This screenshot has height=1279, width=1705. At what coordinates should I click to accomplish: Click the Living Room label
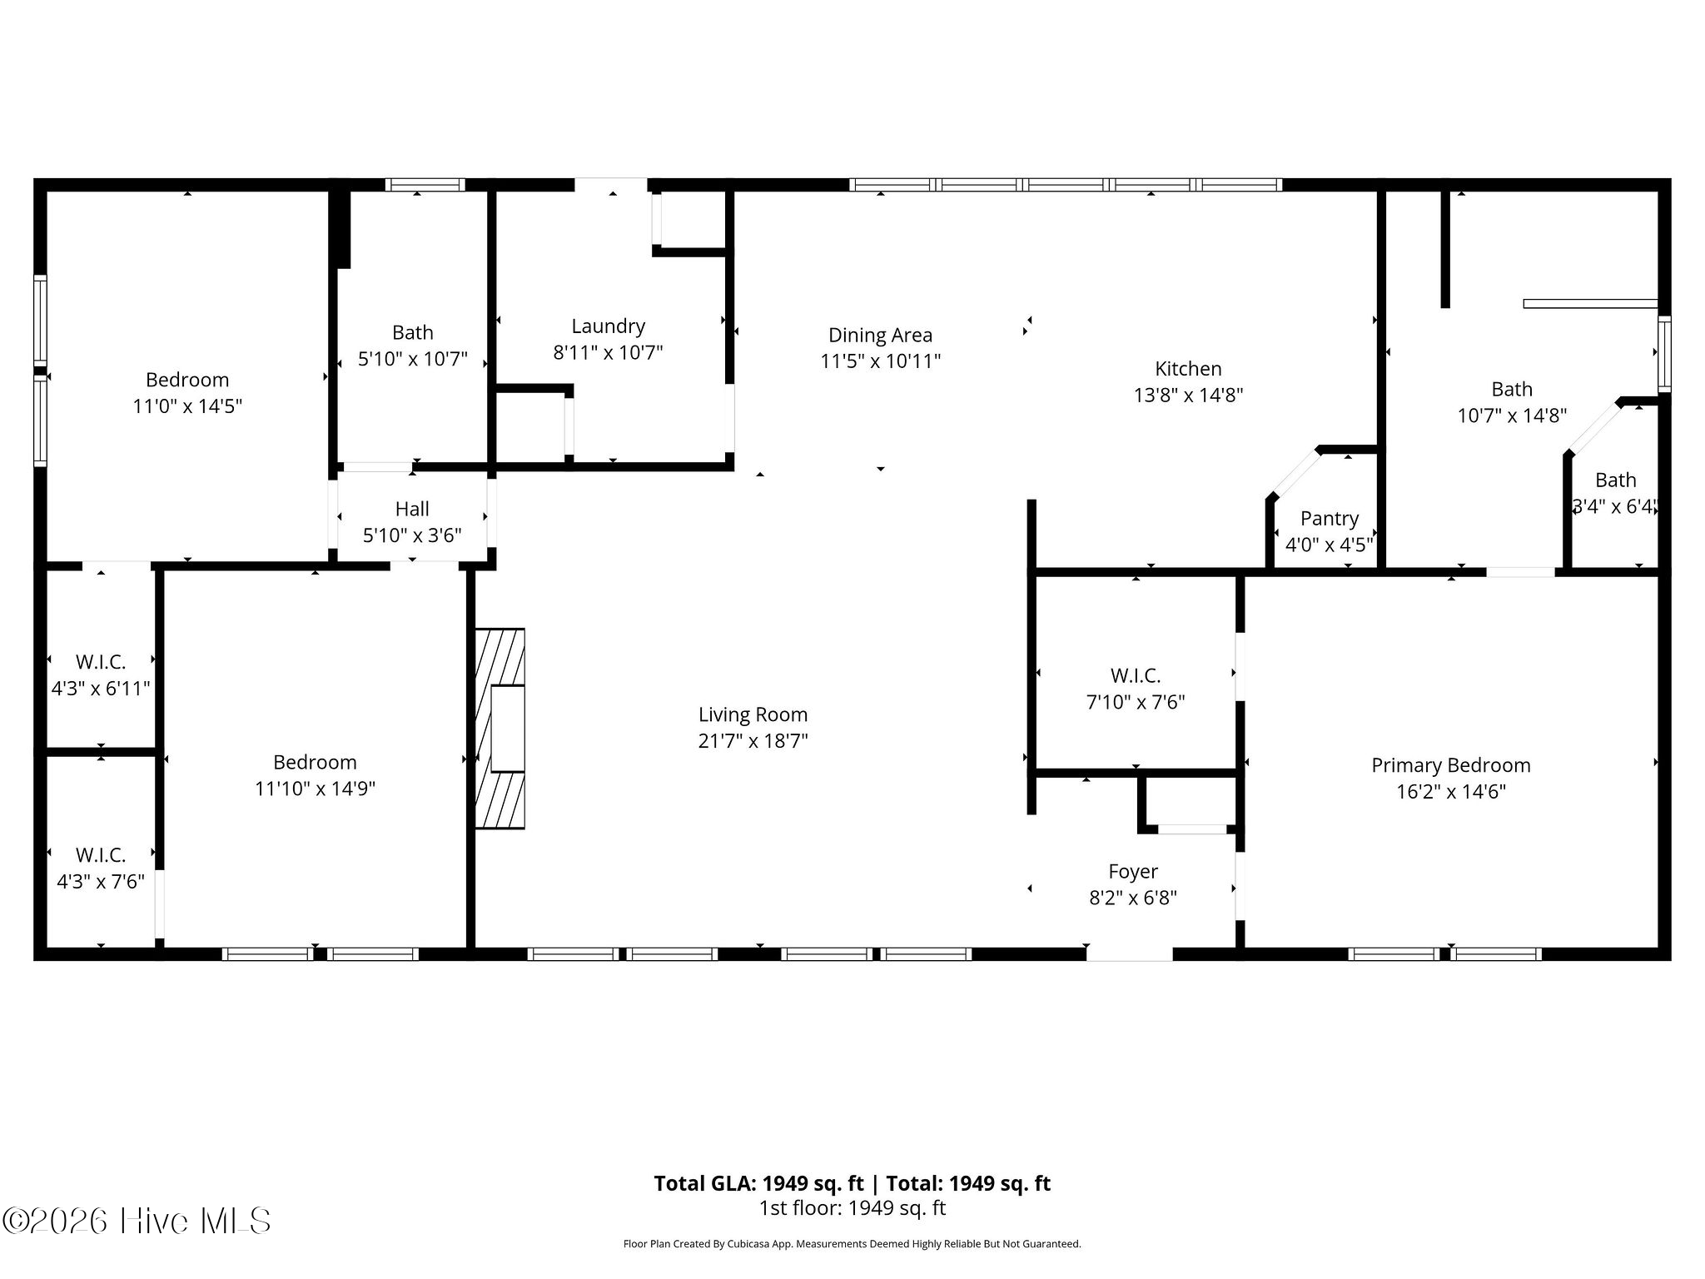(753, 714)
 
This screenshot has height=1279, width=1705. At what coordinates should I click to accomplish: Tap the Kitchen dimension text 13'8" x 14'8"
(1188, 395)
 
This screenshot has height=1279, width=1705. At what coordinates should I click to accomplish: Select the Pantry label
(1329, 519)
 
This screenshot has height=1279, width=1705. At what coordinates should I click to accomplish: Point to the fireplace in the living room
(500, 729)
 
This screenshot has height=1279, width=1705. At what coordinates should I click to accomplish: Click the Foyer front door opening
(1129, 954)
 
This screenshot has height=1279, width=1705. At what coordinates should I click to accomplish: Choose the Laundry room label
(608, 326)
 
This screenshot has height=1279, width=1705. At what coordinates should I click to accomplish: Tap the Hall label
(412, 509)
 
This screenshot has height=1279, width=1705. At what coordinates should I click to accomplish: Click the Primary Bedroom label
(1450, 765)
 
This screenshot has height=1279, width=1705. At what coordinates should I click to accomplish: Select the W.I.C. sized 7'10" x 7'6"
(1135, 689)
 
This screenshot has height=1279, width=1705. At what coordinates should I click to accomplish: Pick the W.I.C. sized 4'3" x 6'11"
(101, 675)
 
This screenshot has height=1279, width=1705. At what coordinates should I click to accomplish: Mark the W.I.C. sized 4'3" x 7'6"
(101, 868)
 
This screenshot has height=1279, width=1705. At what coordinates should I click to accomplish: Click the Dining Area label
(880, 336)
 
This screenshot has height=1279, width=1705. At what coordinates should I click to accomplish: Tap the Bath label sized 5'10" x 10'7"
(412, 333)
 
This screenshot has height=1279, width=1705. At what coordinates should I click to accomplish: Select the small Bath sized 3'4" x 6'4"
(1615, 493)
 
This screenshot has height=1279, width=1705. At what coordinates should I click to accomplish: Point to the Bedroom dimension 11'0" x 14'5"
(187, 406)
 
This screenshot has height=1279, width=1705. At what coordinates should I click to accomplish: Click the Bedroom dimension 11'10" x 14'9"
(315, 789)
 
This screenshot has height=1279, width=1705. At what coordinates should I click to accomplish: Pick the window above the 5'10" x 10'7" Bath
(425, 185)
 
